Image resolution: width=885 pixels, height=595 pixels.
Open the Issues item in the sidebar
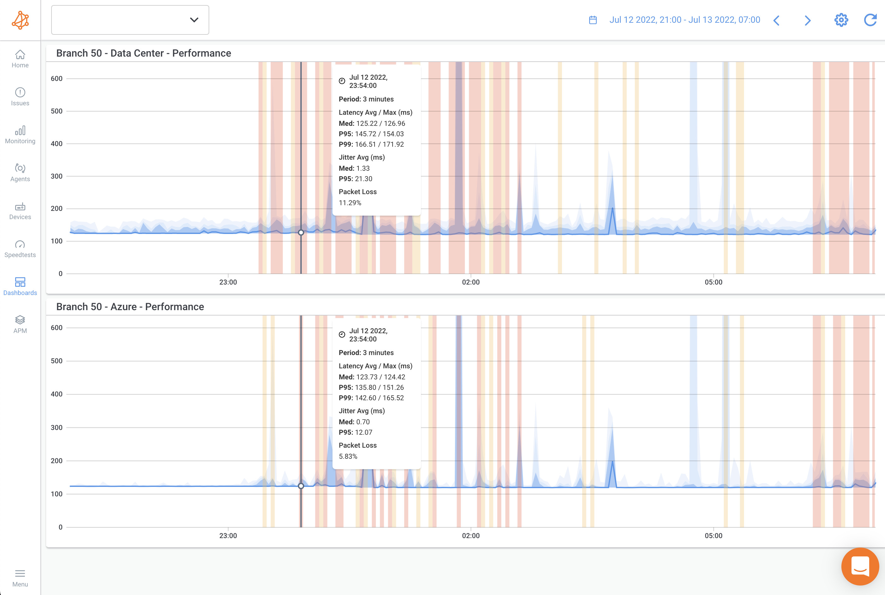pos(20,97)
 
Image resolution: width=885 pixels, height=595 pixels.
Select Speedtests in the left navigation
pos(20,248)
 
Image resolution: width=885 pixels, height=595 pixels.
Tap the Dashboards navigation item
pos(20,286)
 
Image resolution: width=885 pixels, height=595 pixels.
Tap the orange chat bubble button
pos(860,567)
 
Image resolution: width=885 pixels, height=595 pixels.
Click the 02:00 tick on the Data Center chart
pos(471,282)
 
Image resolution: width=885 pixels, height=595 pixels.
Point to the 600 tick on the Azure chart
pos(57,328)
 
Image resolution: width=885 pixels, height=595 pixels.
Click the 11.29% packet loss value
pos(350,203)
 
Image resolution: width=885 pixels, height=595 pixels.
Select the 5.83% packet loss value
pos(348,456)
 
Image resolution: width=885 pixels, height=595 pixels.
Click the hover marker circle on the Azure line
pos(301,486)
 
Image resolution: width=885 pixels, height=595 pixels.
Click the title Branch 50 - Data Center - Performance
pos(143,53)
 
